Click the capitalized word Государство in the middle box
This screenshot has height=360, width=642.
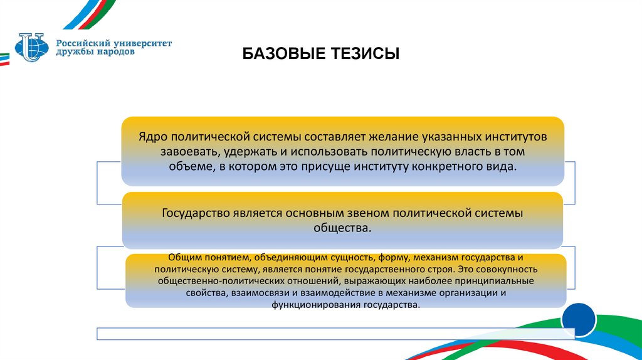(x=196, y=213)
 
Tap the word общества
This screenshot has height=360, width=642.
(x=342, y=228)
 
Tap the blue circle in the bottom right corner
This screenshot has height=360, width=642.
(x=578, y=320)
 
